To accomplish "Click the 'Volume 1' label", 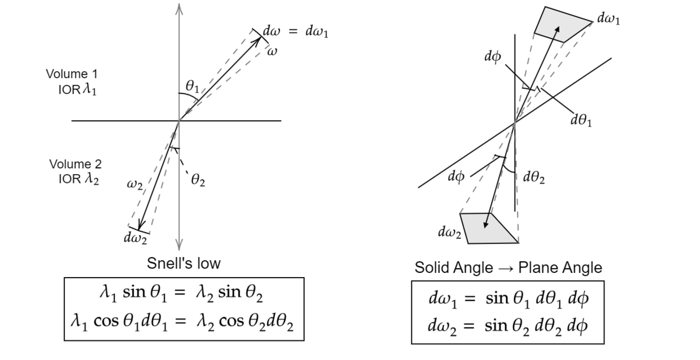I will (72, 74).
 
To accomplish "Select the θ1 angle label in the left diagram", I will (192, 86).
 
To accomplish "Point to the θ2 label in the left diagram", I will (198, 182).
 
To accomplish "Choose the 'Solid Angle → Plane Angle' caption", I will (508, 268).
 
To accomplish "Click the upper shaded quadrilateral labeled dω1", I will (560, 24).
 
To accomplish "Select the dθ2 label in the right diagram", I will (534, 176).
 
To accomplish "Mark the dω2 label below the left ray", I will (135, 238).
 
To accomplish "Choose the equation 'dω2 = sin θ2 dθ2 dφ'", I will (508, 324).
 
